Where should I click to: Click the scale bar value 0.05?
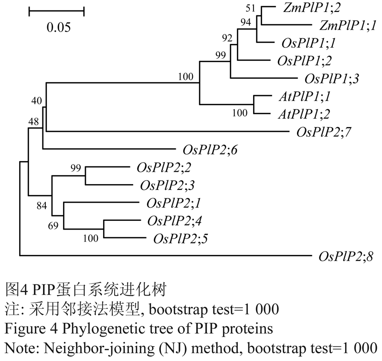tap(58, 27)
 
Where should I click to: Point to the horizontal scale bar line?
tap(56, 9)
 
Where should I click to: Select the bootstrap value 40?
tap(34, 101)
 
